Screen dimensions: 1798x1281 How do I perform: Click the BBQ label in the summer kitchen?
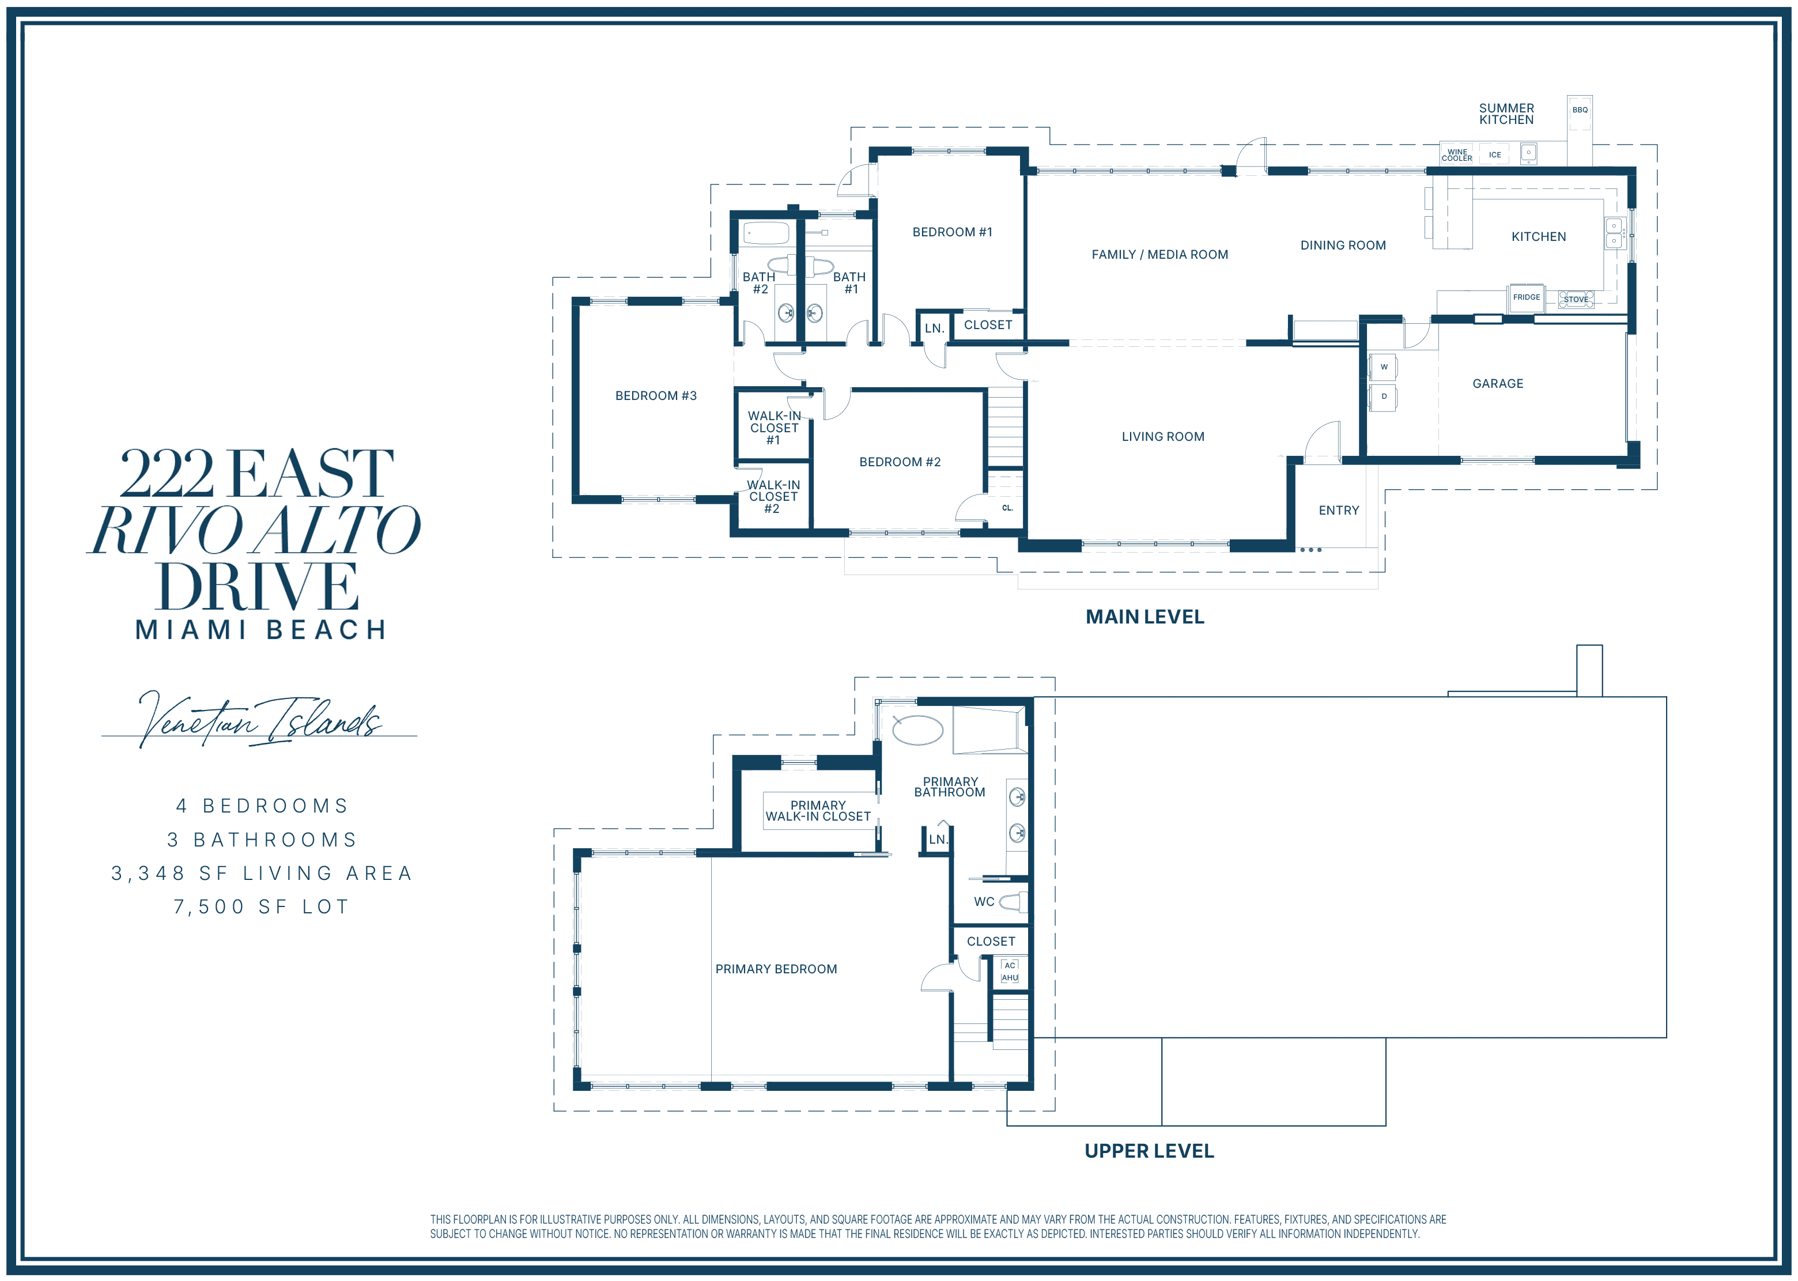pos(1580,109)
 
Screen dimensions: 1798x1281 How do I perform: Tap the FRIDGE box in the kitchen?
pos(1526,297)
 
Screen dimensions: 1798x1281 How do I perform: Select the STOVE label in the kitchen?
pos(1576,300)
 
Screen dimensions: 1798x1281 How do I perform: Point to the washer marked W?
pos(1383,367)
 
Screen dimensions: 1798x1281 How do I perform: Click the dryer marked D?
pos(1383,397)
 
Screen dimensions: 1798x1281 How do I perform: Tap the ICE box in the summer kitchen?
pos(1494,154)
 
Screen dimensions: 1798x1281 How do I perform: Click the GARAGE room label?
pos(1498,383)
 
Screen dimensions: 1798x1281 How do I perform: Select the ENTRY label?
pos(1338,511)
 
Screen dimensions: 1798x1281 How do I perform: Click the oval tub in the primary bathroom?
pos(917,730)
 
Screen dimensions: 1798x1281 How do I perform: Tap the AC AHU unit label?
pos(1010,971)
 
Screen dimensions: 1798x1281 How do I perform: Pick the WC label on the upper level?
pos(983,902)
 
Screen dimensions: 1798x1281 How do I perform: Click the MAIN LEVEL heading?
pos(1144,617)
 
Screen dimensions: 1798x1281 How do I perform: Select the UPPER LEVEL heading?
pos(1149,1151)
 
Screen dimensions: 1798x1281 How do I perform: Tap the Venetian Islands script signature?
pos(259,719)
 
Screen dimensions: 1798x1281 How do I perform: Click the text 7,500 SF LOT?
pos(261,906)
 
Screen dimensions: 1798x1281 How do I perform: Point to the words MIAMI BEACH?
pos(261,629)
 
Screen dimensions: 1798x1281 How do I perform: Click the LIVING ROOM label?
pos(1162,436)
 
